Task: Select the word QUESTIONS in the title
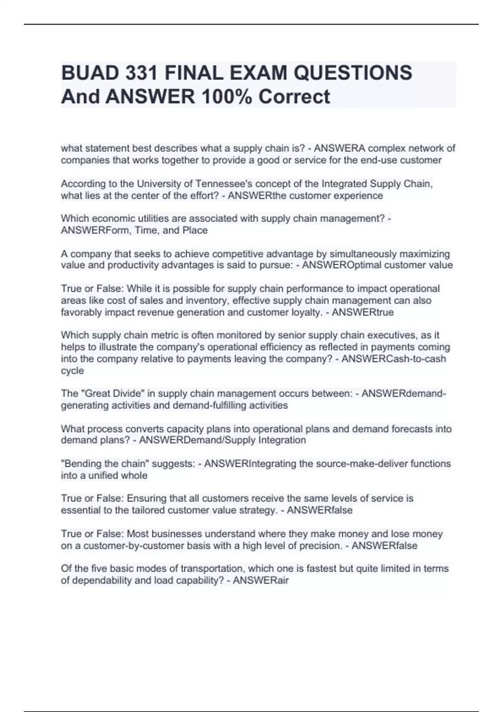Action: [x=353, y=73]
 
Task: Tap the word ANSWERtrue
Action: [x=363, y=312]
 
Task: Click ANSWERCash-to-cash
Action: [x=394, y=359]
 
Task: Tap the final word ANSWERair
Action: [x=260, y=580]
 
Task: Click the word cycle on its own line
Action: [x=72, y=371]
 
